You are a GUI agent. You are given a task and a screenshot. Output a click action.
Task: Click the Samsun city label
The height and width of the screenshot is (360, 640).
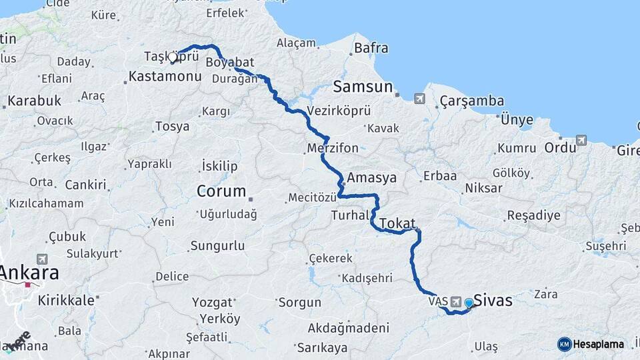[363, 87]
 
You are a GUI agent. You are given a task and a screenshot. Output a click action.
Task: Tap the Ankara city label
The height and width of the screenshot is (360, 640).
[29, 273]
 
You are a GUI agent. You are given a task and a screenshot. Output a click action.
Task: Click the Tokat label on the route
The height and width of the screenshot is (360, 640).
[398, 223]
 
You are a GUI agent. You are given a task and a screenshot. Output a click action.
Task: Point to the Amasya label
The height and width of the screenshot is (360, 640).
[372, 178]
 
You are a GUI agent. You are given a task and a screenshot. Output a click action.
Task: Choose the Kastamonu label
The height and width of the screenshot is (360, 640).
[165, 77]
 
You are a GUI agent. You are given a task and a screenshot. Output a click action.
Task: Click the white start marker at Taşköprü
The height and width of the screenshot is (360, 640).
[173, 57]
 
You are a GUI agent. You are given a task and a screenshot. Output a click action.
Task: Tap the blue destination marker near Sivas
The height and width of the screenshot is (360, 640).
[469, 303]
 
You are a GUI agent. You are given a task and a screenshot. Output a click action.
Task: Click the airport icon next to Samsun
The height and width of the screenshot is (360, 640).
[419, 99]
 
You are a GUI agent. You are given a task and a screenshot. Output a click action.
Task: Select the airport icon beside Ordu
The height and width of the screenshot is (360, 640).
[581, 140]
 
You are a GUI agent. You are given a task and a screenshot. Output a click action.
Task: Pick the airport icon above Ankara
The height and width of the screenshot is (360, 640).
[42, 259]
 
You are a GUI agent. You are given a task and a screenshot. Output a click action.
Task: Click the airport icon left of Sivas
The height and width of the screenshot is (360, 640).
[456, 302]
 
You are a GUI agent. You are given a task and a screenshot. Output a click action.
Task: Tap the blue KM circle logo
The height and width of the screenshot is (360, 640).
[564, 344]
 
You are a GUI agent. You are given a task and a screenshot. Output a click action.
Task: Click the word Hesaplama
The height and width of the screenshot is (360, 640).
[599, 345]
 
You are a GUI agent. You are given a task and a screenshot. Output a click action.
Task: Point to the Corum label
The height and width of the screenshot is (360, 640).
[221, 191]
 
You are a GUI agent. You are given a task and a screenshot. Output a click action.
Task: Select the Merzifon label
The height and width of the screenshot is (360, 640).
[333, 148]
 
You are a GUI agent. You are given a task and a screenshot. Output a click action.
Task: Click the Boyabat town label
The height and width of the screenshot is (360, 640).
[231, 62]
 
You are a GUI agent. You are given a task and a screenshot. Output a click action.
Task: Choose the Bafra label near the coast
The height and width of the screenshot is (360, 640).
[371, 48]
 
